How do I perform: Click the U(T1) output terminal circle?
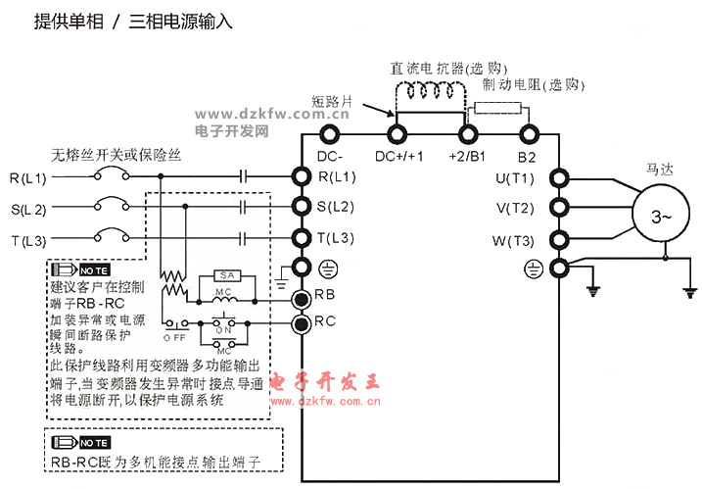560,178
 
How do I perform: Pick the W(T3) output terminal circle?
560,240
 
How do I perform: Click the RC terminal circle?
303,321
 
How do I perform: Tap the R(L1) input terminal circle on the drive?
303,177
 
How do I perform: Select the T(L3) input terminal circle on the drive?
303,238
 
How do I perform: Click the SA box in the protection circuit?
226,276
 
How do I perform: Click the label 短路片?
333,100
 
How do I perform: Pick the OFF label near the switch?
175,337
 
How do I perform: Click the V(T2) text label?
515,209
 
